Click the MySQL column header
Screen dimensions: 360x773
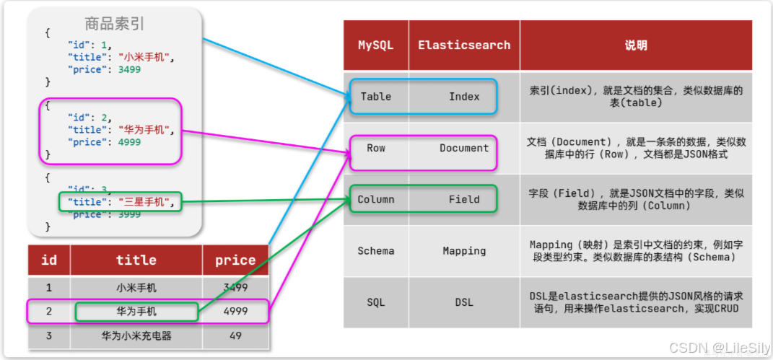[376, 45]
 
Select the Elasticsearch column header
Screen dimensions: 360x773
[464, 45]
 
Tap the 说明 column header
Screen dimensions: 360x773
[636, 45]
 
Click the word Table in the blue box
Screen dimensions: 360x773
[376, 97]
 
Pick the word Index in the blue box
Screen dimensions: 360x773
[464, 97]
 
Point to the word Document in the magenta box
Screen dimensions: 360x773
[464, 148]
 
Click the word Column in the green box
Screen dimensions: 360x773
[376, 200]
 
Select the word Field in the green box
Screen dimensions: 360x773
[464, 200]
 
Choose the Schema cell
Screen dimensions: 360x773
[376, 251]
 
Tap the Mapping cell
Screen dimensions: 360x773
[464, 251]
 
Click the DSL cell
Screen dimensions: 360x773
[464, 302]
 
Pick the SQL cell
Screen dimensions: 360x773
[376, 302]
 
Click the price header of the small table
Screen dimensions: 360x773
[235, 260]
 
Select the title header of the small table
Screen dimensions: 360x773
[136, 260]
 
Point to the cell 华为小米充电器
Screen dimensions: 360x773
[136, 336]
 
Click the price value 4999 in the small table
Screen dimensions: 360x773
[235, 312]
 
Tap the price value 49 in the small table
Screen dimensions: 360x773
[235, 336]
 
